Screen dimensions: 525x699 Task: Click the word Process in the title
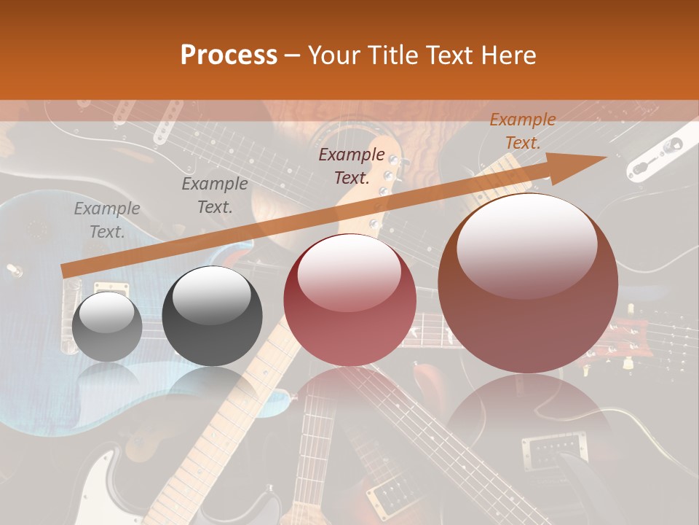coord(229,55)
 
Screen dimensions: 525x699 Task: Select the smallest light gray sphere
coord(108,327)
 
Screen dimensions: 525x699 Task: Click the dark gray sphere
coord(207,316)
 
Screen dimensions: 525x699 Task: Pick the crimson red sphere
coord(349,300)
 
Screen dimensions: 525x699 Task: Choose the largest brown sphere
coord(528,283)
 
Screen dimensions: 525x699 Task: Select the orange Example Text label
coord(522,131)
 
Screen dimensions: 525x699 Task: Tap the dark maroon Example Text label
coord(352,166)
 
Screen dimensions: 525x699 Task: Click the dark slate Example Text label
coord(214,195)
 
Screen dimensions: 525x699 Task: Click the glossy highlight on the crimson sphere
coord(349,271)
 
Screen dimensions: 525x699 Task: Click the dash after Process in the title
coord(293,55)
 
